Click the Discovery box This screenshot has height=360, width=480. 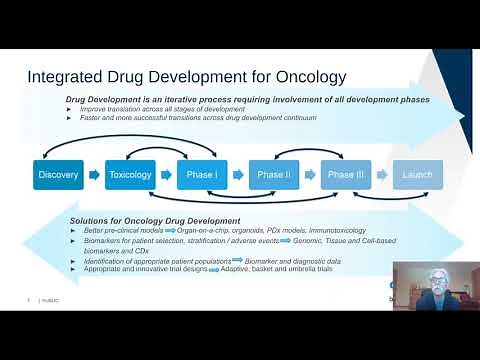point(58,175)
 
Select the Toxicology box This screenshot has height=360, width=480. point(130,175)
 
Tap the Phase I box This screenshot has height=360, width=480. point(201,175)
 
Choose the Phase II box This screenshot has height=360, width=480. point(272,175)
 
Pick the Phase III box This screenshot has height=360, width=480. point(344,175)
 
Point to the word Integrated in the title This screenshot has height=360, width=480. point(65,77)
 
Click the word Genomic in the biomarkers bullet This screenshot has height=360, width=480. point(304,240)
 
